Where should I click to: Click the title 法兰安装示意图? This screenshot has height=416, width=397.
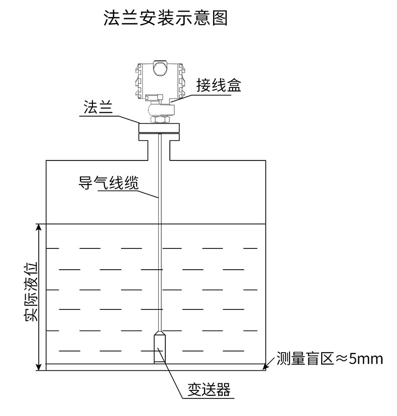pyautogui.click(x=165, y=19)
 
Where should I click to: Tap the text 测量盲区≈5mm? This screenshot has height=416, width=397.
pyautogui.click(x=329, y=359)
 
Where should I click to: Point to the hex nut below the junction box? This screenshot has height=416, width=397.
pyautogui.click(x=159, y=119)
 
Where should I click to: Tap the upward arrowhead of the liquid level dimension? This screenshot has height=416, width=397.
pyautogui.click(x=39, y=228)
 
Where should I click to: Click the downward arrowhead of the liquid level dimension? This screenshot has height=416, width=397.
pyautogui.click(x=39, y=366)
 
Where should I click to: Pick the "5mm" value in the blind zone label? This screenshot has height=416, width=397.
pyautogui.click(x=366, y=359)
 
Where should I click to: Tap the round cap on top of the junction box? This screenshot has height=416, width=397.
pyautogui.click(x=159, y=67)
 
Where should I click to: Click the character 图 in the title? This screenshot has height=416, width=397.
pyautogui.click(x=220, y=19)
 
